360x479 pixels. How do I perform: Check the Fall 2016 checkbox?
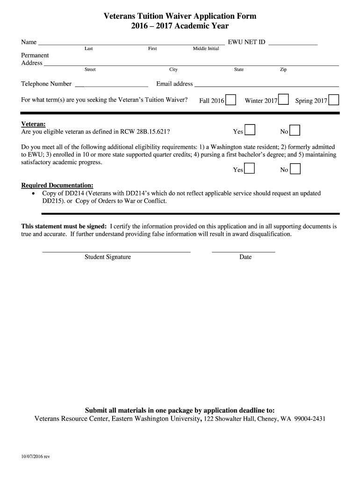(x=230, y=101)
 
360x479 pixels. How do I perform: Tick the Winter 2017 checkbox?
(x=283, y=101)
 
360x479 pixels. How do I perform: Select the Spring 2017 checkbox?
(x=334, y=101)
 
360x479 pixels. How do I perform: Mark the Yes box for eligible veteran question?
(x=250, y=131)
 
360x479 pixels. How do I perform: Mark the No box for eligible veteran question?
(x=295, y=131)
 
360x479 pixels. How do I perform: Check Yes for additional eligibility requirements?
(x=250, y=169)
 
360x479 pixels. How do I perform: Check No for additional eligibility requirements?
(x=295, y=169)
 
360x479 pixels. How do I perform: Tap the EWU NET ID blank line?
(x=293, y=44)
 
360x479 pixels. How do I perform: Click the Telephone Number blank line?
(x=111, y=86)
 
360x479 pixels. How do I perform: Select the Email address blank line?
(x=266, y=86)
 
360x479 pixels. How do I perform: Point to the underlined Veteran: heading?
(x=34, y=124)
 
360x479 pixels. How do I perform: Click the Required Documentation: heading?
(x=57, y=185)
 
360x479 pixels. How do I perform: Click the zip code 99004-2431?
(x=310, y=419)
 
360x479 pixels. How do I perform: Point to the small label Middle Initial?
(x=206, y=49)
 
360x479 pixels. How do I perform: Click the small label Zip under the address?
(x=283, y=70)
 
